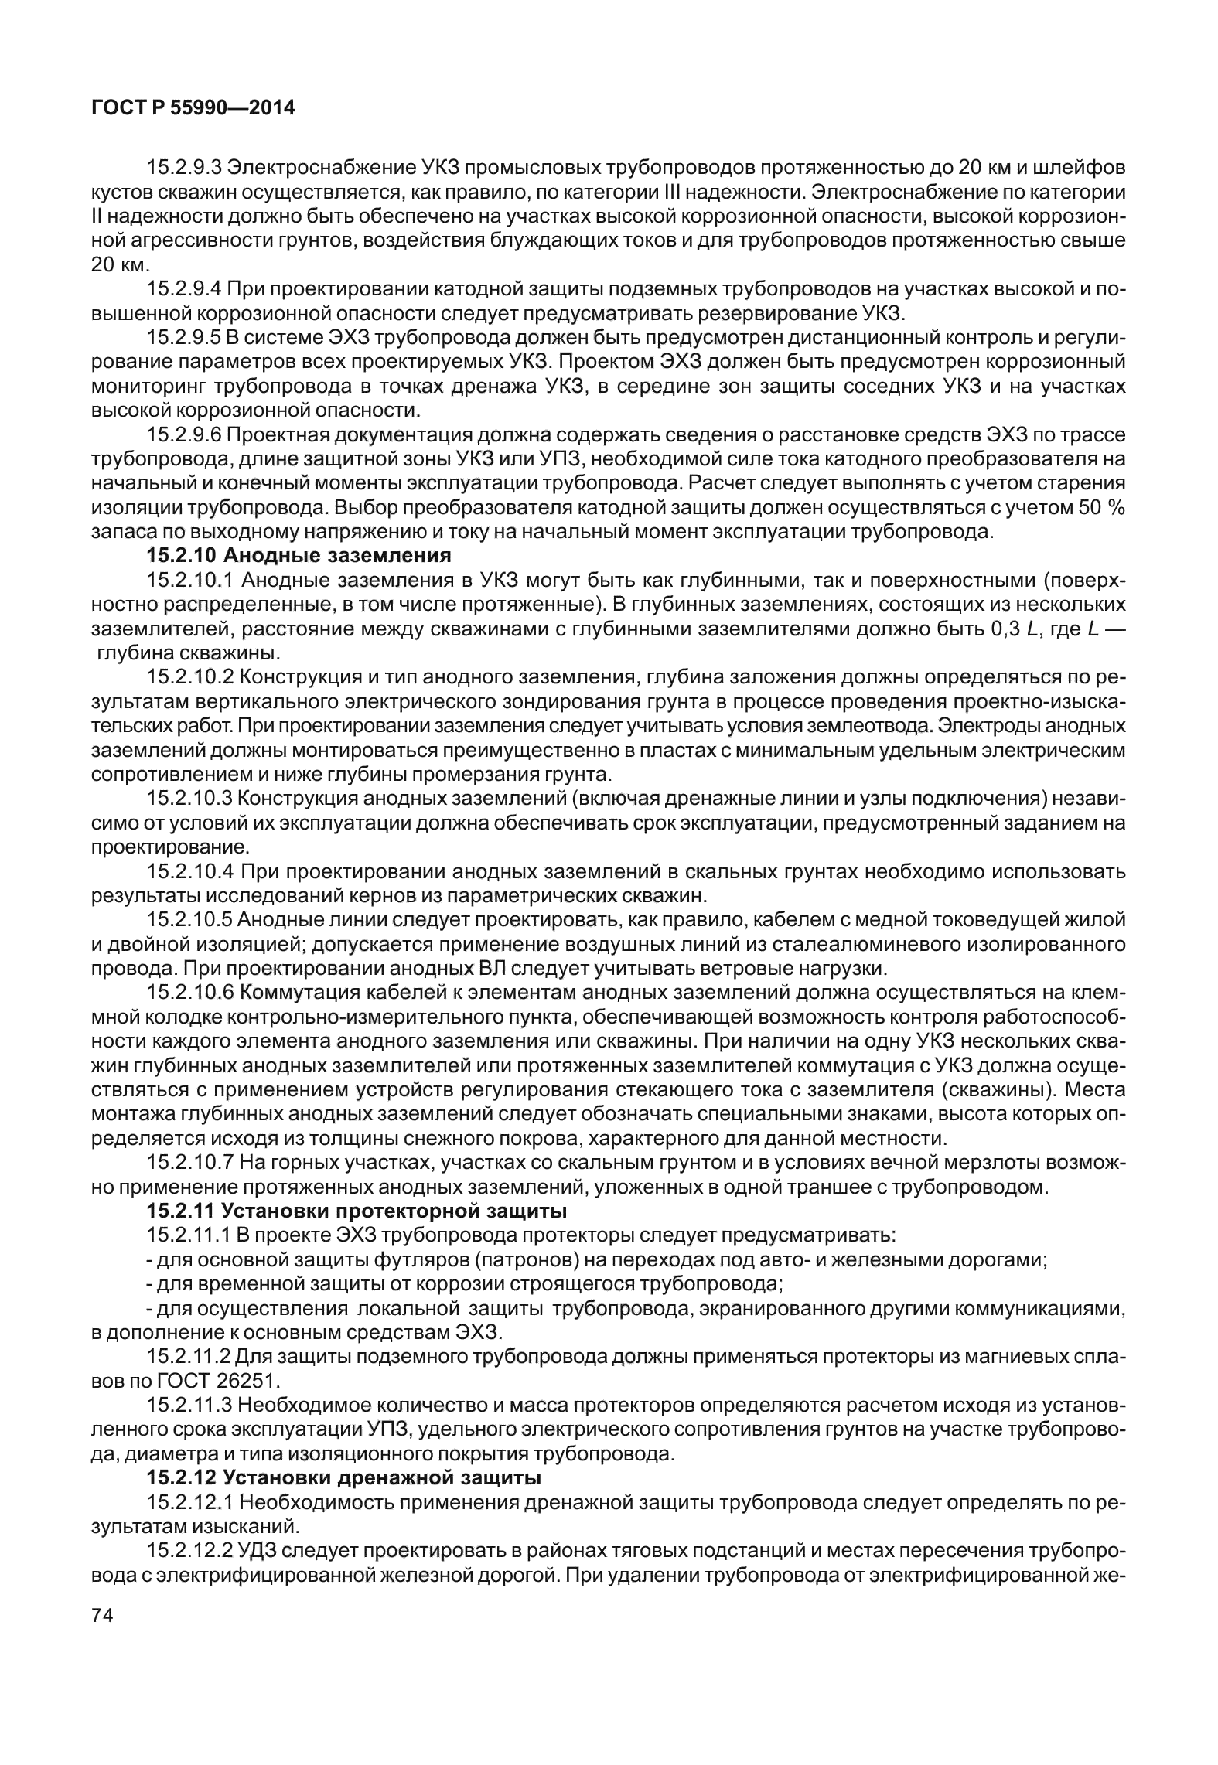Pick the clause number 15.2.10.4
[x=190, y=873]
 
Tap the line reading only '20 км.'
[x=119, y=264]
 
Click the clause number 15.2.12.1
[x=189, y=1502]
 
